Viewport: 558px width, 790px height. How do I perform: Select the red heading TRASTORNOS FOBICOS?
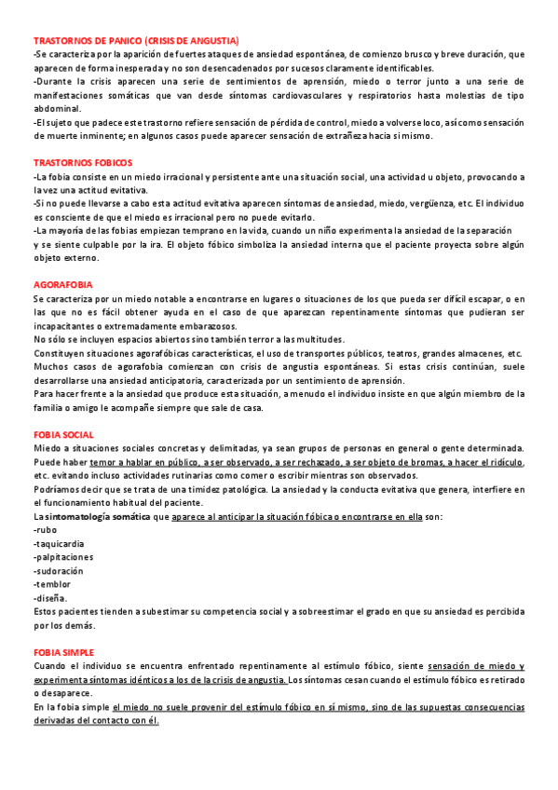pos(82,163)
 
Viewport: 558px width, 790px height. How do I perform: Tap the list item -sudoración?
pos(59,570)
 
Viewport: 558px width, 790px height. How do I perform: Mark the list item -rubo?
pos(45,529)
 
